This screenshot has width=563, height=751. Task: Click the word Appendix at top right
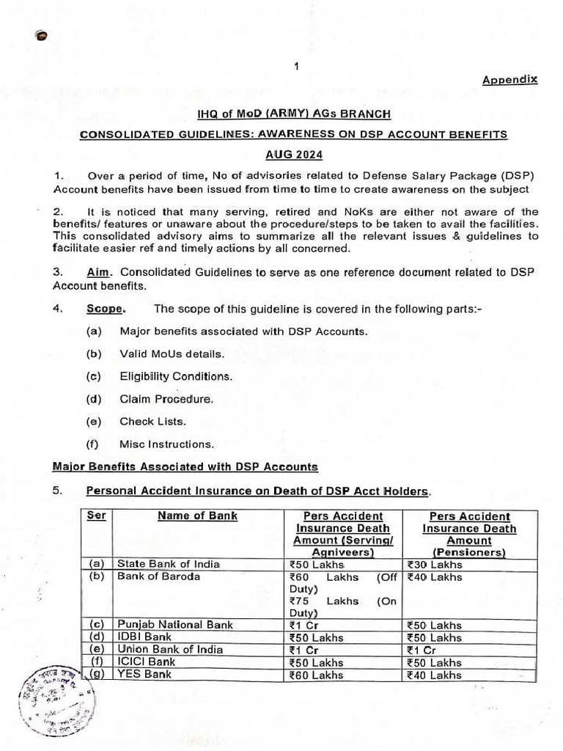509,79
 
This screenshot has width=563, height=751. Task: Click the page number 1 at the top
296,67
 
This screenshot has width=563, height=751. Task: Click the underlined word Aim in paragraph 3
97,272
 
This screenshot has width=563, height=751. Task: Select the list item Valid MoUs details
172,353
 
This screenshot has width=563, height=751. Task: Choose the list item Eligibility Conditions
176,376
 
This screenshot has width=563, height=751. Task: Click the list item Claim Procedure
166,399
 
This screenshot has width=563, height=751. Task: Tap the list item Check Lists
152,422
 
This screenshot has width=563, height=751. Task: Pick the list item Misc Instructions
166,444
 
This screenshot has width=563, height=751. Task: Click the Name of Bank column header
197,516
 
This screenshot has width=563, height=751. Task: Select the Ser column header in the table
97,516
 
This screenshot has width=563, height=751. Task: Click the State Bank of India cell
169,564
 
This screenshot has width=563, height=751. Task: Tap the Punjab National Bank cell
175,625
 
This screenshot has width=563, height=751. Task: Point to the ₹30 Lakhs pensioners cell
435,564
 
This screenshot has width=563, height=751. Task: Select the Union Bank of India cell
170,650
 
